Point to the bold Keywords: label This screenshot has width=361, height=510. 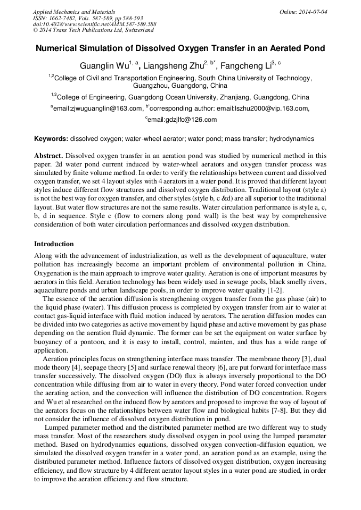[x=51, y=139]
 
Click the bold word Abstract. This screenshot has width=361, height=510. [x=48, y=156]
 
